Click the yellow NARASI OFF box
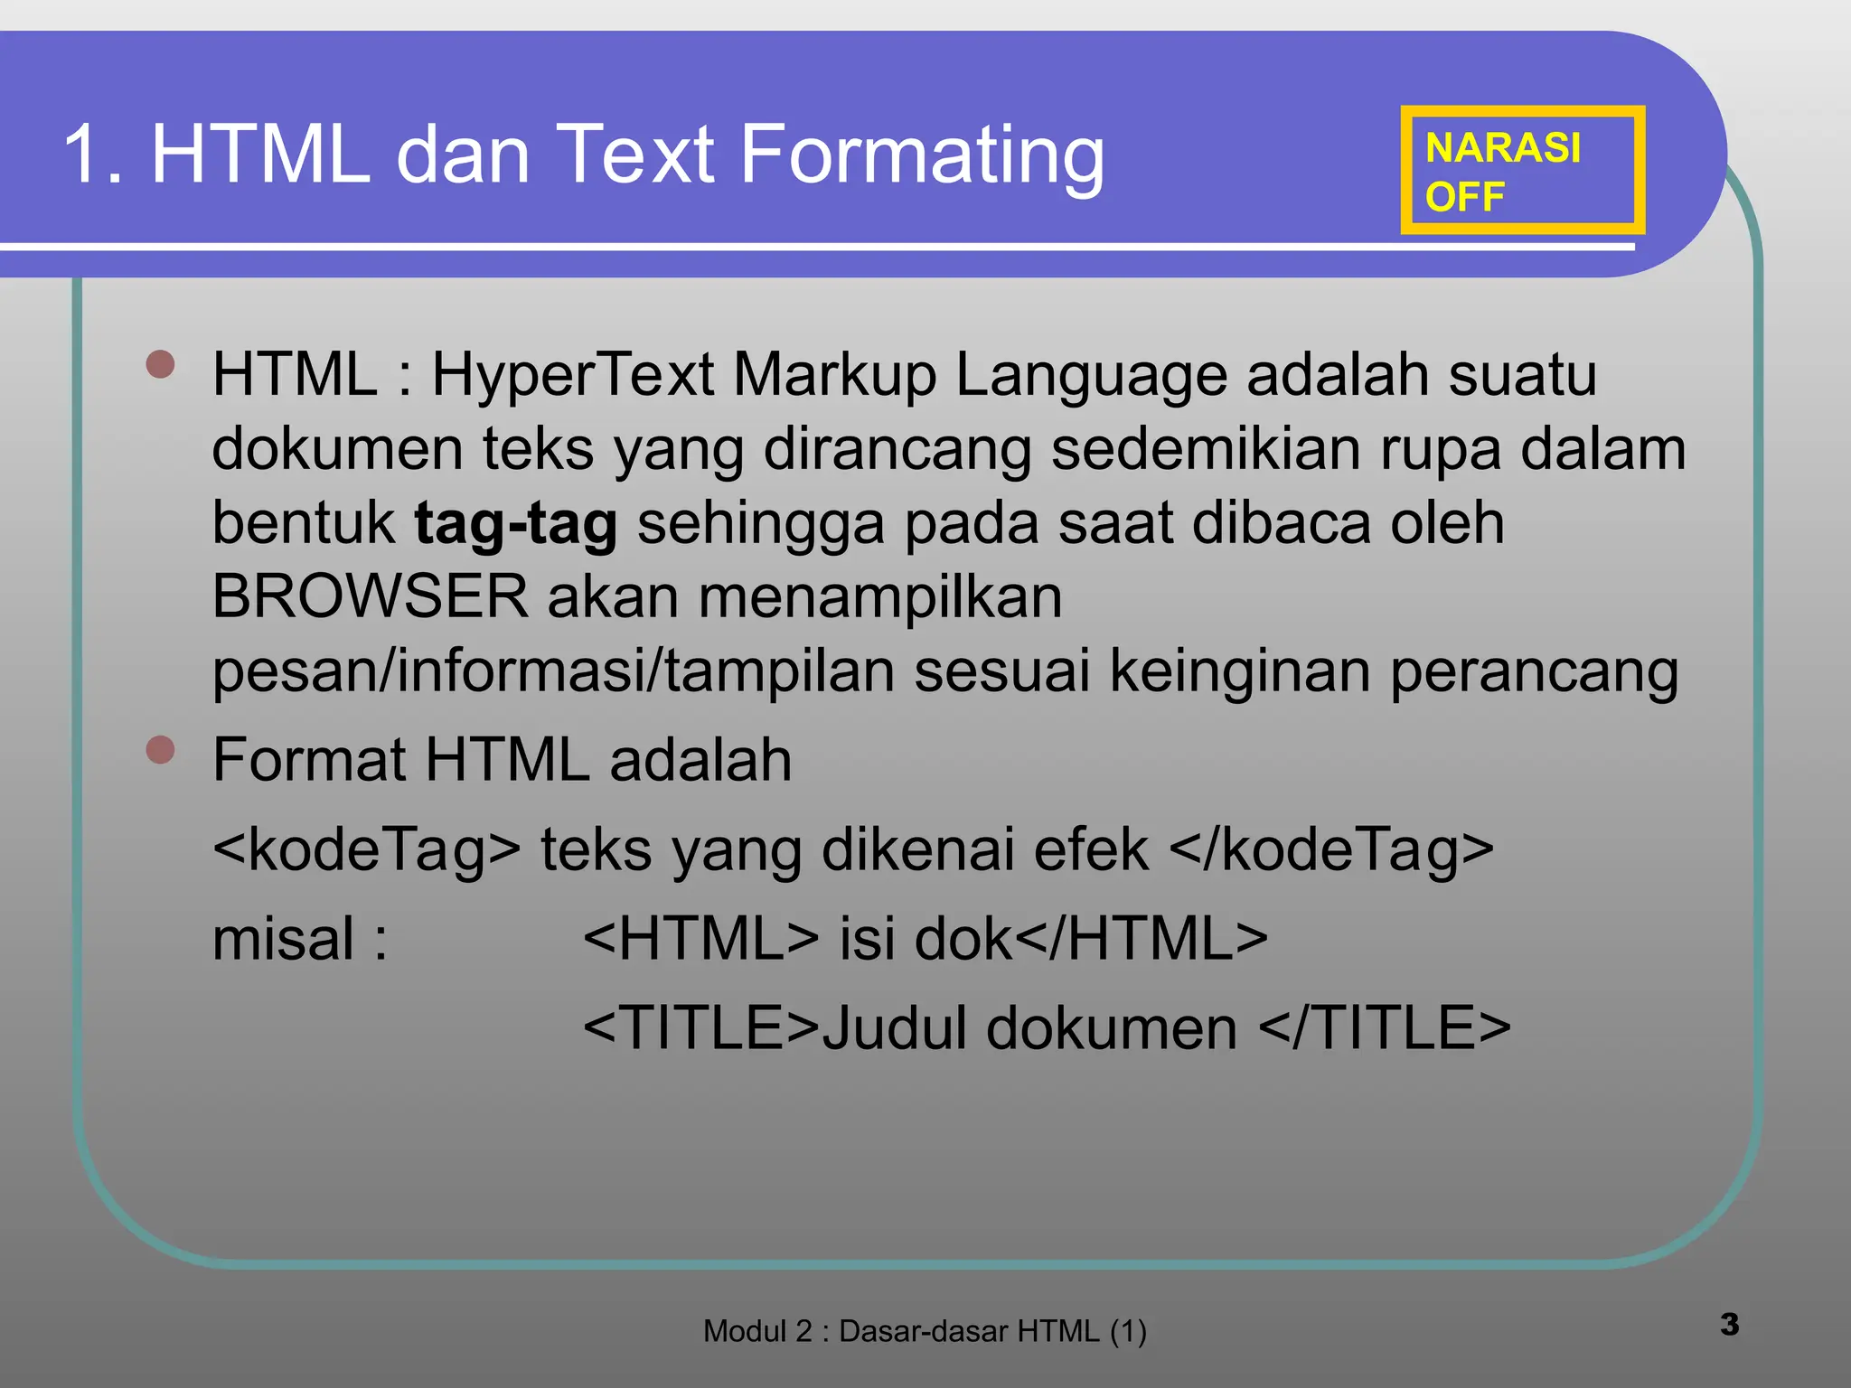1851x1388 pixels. click(x=1522, y=171)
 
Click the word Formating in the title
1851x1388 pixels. click(x=922, y=155)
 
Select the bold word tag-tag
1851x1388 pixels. click(x=515, y=523)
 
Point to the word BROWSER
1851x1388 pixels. click(x=370, y=596)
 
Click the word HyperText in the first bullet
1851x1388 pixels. click(x=573, y=374)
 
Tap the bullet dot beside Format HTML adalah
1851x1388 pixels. click(x=160, y=750)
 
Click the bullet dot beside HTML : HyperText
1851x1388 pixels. click(x=160, y=365)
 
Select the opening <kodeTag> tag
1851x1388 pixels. click(x=367, y=850)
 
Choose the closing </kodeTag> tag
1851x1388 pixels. click(x=1330, y=850)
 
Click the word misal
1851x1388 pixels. click(x=283, y=939)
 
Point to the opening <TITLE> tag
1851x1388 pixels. click(x=701, y=1028)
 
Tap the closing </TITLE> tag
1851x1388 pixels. click(x=1385, y=1028)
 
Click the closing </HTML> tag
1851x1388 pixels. click(x=1142, y=939)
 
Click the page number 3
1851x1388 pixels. click(x=1729, y=1325)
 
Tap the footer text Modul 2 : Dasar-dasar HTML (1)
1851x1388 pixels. click(x=925, y=1331)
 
